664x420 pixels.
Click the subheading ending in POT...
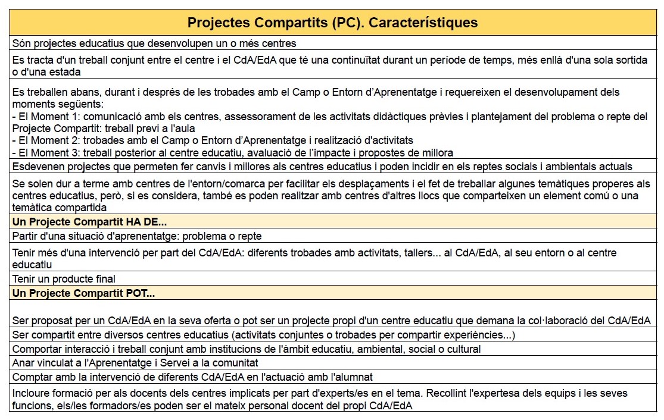(x=83, y=293)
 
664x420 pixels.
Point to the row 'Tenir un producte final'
(x=64, y=279)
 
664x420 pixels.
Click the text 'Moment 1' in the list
(x=49, y=117)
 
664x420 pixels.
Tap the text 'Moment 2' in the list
(x=49, y=141)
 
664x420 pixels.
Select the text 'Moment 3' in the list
(x=49, y=153)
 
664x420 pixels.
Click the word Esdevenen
(x=39, y=167)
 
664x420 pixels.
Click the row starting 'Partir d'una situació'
(x=137, y=236)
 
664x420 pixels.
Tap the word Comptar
(x=33, y=377)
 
